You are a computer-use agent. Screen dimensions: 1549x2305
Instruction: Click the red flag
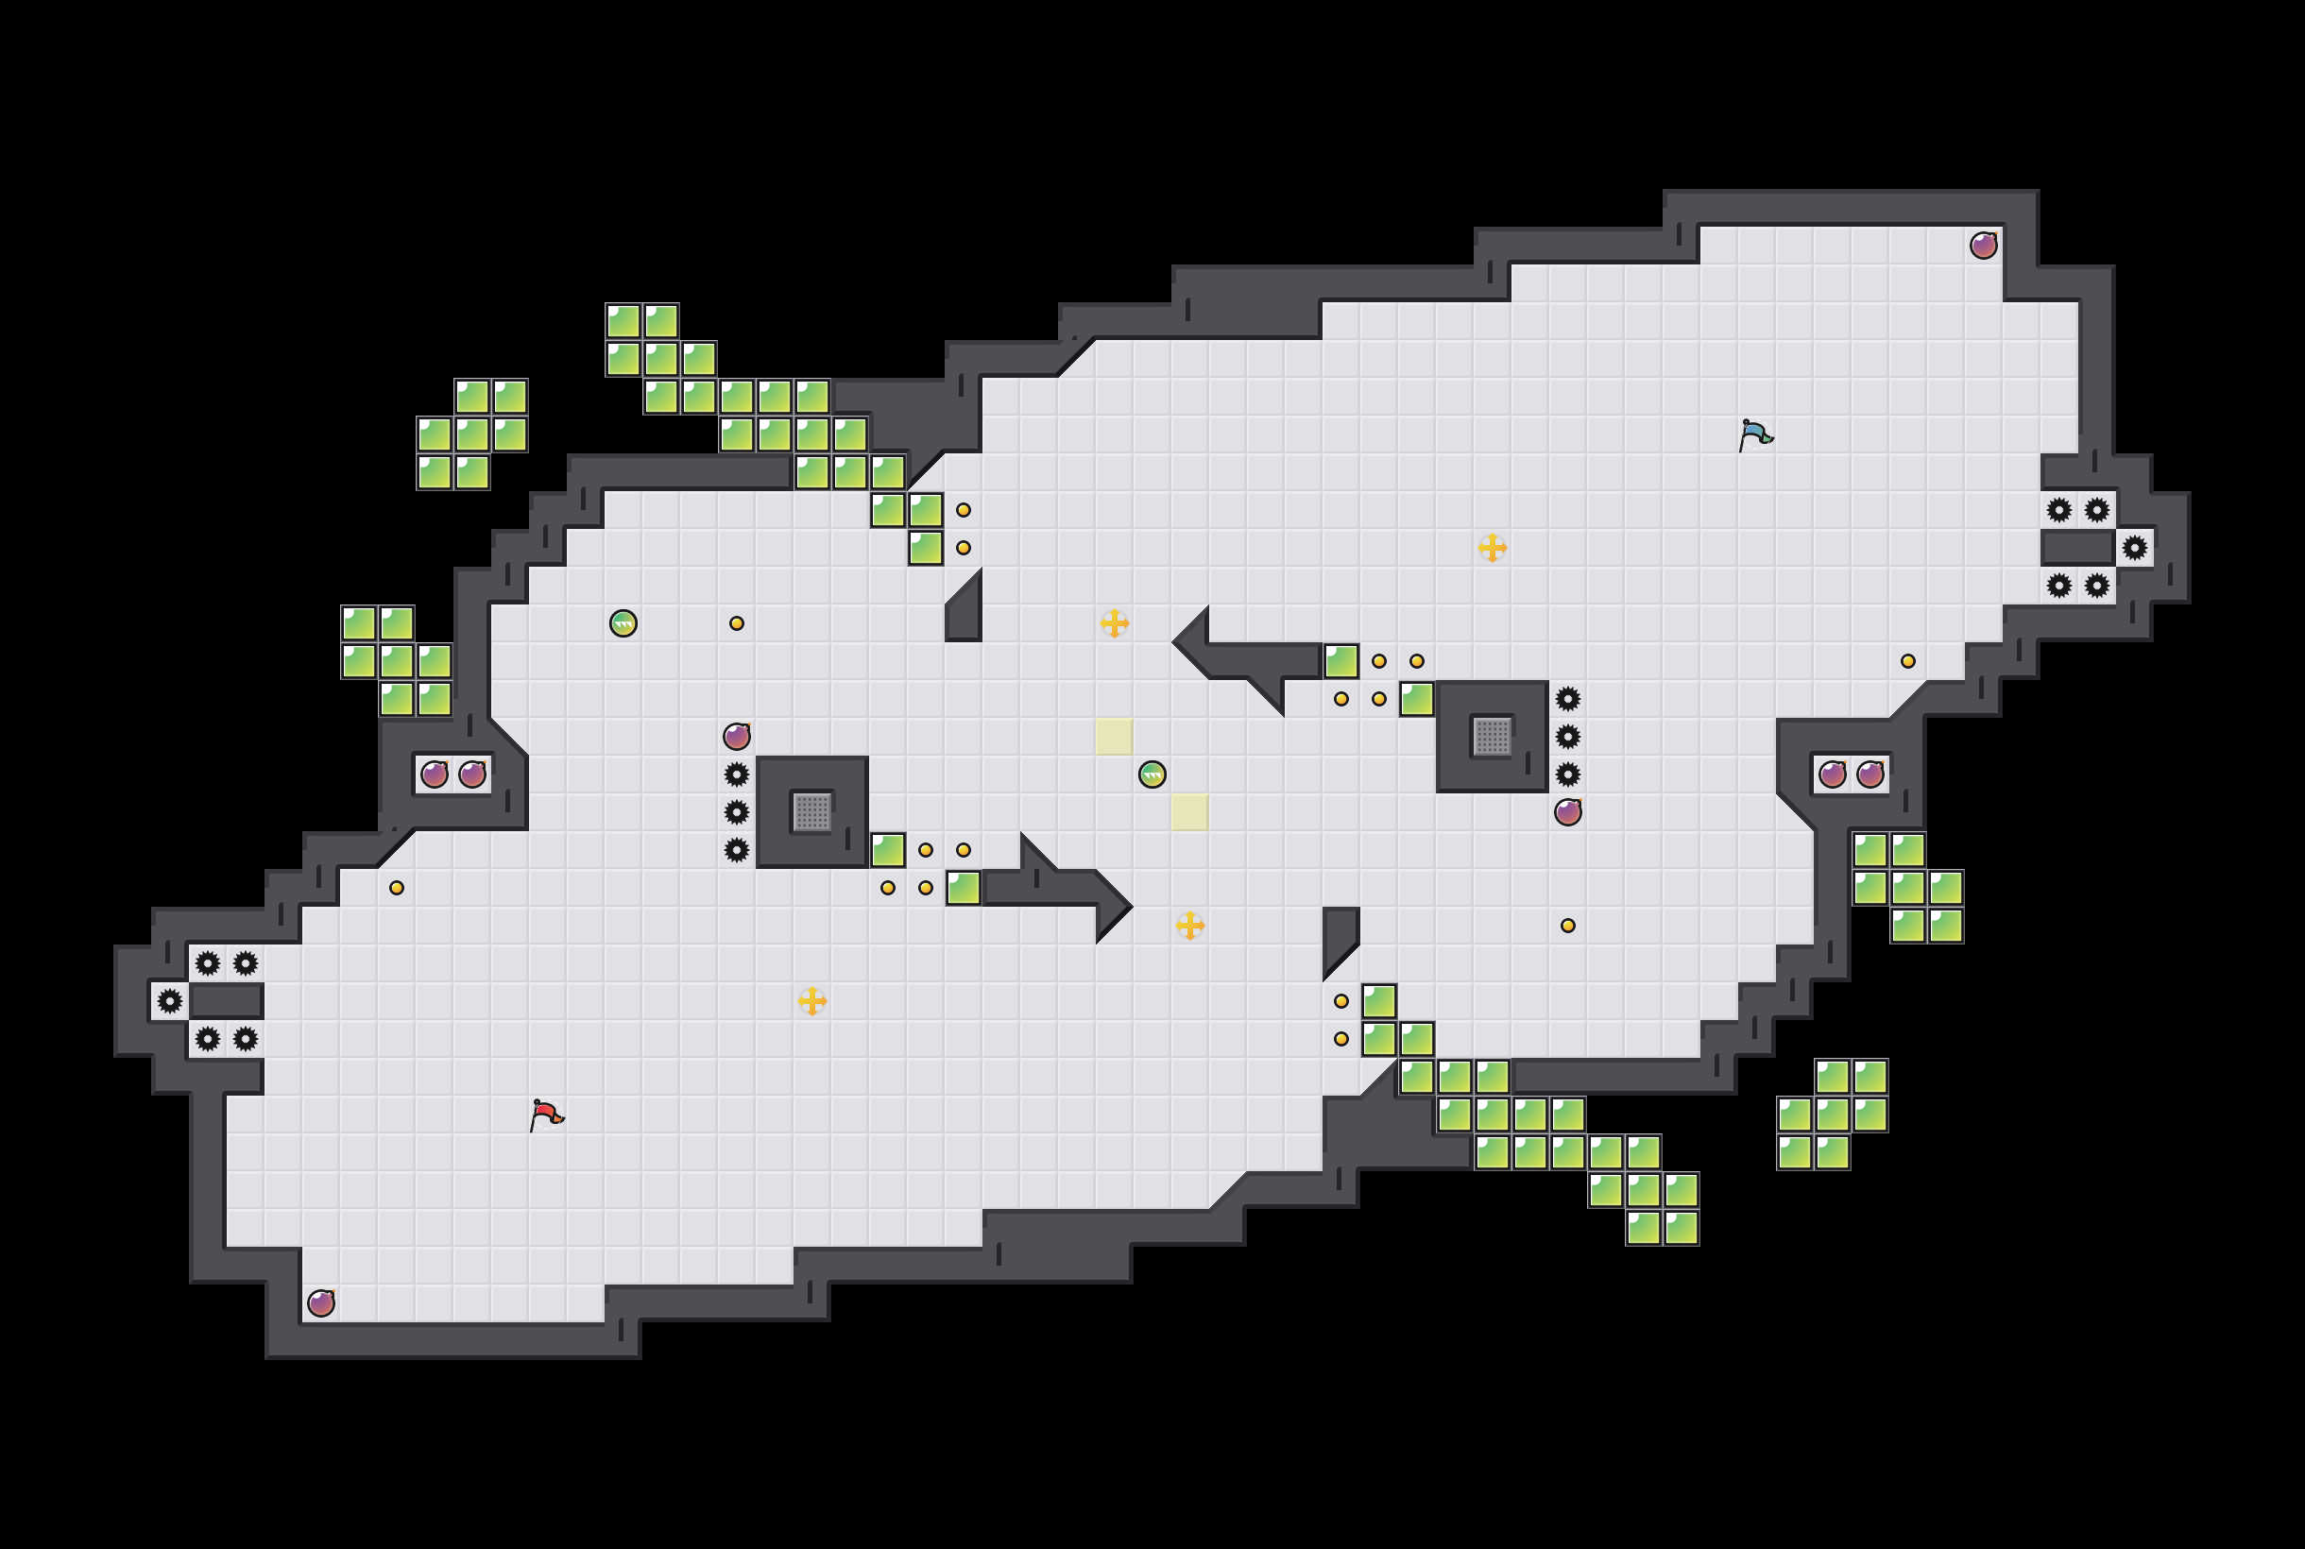[546, 1115]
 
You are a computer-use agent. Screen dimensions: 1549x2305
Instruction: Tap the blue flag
[1754, 434]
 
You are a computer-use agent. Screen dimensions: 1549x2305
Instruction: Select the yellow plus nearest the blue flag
[1492, 547]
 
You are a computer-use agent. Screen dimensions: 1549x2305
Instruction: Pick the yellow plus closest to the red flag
[812, 1001]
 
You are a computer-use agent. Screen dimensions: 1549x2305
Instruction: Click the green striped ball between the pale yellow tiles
[1152, 774]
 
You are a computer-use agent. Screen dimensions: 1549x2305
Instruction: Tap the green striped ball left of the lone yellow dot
[623, 623]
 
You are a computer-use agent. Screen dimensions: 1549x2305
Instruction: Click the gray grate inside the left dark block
[812, 812]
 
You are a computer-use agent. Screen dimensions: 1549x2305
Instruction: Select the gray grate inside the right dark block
[1492, 736]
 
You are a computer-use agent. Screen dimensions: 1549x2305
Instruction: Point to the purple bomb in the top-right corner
[1983, 245]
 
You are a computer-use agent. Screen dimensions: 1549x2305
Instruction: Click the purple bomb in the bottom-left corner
[321, 1303]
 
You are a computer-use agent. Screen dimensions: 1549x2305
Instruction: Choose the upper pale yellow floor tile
[1115, 736]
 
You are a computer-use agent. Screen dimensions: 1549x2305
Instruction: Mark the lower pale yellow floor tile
[1189, 812]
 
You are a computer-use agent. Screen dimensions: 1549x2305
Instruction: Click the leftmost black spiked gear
[170, 1001]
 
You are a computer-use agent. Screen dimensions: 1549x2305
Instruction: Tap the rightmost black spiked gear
[2134, 547]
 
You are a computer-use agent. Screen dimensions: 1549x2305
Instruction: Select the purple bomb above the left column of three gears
[736, 736]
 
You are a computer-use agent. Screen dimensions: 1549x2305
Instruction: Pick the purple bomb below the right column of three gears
[1568, 812]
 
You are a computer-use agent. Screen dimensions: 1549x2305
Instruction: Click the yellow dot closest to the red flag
[396, 887]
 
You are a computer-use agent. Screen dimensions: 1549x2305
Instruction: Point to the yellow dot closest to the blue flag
[1908, 661]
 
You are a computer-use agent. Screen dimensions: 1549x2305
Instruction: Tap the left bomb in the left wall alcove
[435, 774]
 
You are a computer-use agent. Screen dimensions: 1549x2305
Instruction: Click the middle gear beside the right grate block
[1568, 736]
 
